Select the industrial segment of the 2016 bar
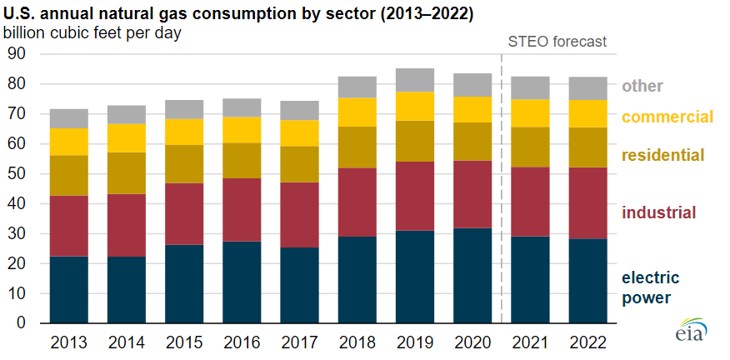coord(242,209)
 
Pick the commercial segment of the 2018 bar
coord(357,112)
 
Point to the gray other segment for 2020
coord(472,85)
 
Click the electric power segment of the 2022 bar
coord(587,281)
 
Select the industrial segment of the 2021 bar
coord(530,201)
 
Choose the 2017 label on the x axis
coord(299,343)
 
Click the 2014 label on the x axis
coord(126,343)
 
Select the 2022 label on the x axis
coord(587,343)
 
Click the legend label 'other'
coord(642,86)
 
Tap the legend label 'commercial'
coord(668,117)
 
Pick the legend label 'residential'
coord(663,154)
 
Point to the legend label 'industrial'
coord(658,212)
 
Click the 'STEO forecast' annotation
coord(557,41)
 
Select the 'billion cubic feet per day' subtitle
coord(92,33)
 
